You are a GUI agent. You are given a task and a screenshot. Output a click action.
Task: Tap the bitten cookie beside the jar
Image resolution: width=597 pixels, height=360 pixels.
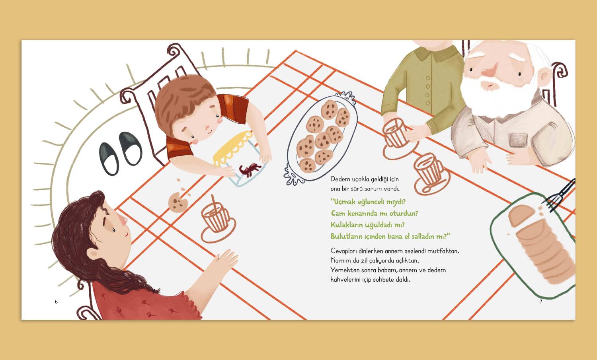click(178, 202)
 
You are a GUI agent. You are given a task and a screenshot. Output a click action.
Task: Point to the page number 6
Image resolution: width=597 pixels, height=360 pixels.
click(56, 302)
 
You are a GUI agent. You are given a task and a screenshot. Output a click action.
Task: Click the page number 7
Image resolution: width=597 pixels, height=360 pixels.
click(541, 302)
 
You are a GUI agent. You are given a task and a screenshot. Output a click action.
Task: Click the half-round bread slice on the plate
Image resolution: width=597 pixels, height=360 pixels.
click(521, 214)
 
